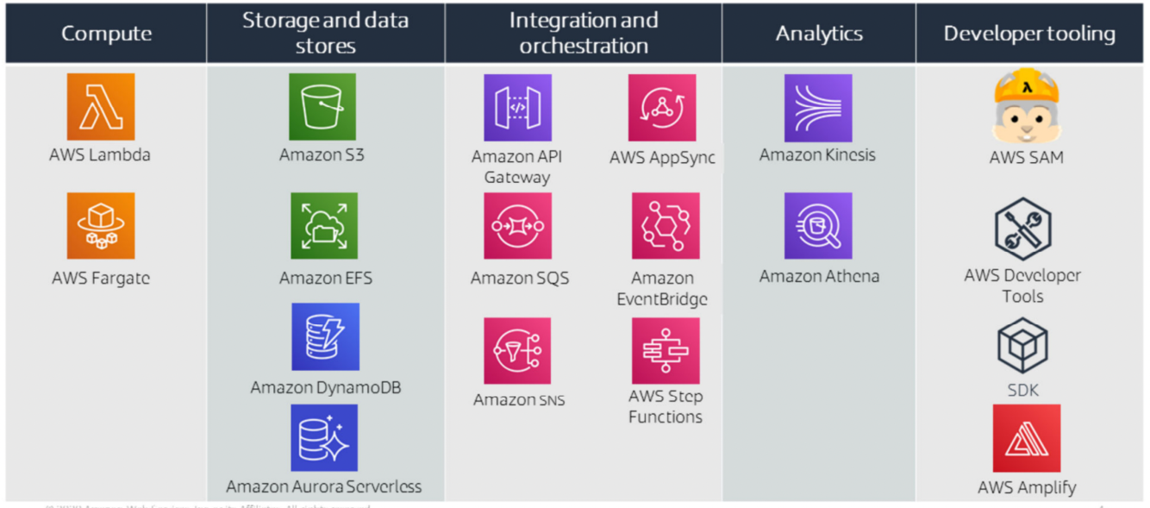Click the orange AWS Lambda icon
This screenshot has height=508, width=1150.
[x=101, y=107]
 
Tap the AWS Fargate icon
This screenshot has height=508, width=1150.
[x=101, y=226]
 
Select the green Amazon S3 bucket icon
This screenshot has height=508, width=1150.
[x=322, y=107]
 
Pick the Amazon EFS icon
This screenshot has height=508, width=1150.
[x=324, y=226]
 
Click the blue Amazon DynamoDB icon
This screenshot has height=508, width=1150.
[x=325, y=336]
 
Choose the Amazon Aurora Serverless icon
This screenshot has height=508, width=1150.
[x=324, y=438]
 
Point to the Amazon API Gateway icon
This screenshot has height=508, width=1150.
[x=517, y=108]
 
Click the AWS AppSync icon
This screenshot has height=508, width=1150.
[x=662, y=108]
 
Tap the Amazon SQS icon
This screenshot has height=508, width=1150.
[x=517, y=226]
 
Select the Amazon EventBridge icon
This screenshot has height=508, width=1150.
[x=665, y=226]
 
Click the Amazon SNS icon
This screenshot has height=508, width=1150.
[x=517, y=350]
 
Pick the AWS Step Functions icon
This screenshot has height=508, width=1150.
[x=665, y=350]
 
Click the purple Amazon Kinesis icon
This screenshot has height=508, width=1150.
[x=818, y=108]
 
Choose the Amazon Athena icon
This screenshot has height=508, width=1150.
[x=818, y=226]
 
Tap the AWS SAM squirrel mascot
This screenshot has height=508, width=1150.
[x=1026, y=106]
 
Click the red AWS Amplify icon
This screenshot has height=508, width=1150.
[x=1026, y=438]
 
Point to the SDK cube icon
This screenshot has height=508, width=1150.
[x=1022, y=345]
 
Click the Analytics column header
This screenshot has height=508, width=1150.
[x=819, y=34]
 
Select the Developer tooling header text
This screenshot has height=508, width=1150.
[x=1029, y=34]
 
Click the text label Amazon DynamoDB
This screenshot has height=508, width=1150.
[x=325, y=387]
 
